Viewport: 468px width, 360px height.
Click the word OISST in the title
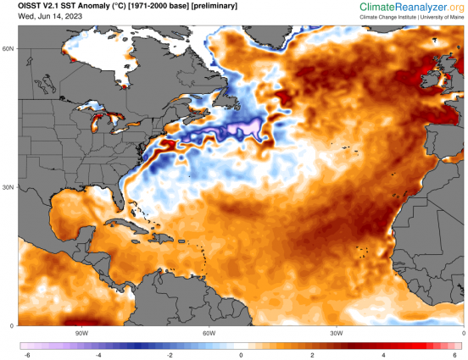pyautogui.click(x=32, y=7)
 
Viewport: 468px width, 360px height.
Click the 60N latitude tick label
pyautogui.click(x=8, y=48)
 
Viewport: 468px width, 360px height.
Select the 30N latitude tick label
pyautogui.click(x=8, y=187)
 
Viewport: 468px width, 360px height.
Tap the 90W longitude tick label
pyautogui.click(x=82, y=332)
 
